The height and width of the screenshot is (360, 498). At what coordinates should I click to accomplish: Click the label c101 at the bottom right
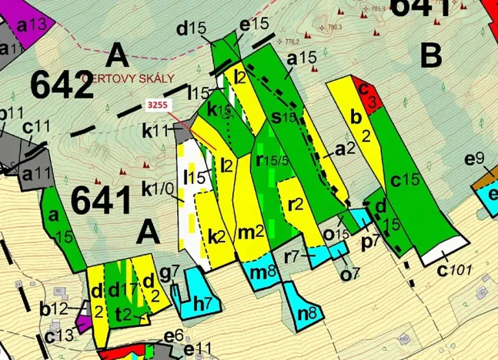pyautogui.click(x=454, y=270)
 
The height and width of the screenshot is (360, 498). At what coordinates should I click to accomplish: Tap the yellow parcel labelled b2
pyautogui.click(x=356, y=127)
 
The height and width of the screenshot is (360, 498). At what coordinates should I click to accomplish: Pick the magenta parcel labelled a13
pyautogui.click(x=31, y=24)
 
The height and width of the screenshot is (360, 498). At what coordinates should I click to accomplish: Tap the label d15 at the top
pyautogui.click(x=192, y=29)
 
